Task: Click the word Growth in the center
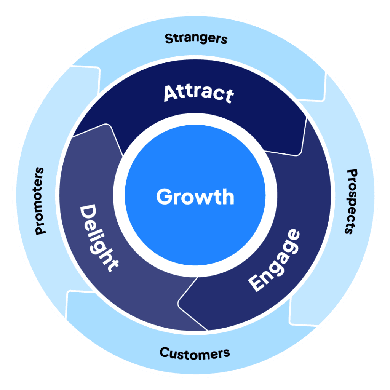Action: [x=195, y=197]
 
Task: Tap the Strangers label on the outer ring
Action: [x=196, y=38]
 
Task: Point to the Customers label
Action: [x=195, y=353]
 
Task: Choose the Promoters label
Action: [x=39, y=201]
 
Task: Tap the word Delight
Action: [x=99, y=238]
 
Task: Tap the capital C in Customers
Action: [x=164, y=352]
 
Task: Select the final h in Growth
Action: [x=228, y=197]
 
